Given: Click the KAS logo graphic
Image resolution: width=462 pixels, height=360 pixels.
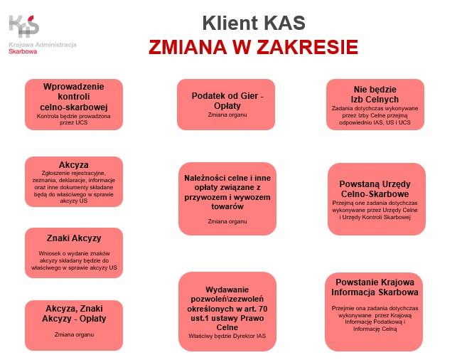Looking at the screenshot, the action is pyautogui.click(x=24, y=26).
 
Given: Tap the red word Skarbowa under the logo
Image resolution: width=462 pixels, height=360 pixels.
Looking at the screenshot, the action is pyautogui.click(x=23, y=52).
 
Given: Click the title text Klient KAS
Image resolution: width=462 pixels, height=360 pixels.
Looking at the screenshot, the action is pyautogui.click(x=254, y=23).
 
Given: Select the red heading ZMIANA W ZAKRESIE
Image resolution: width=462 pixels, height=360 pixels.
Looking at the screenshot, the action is pyautogui.click(x=254, y=47).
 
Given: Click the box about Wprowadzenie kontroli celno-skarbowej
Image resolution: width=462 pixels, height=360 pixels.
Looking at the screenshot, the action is pyautogui.click(x=74, y=105).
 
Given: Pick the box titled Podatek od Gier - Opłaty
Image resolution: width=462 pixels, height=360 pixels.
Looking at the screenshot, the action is pyautogui.click(x=226, y=105).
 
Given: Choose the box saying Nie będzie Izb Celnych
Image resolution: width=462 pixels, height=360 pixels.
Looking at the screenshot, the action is pyautogui.click(x=375, y=105).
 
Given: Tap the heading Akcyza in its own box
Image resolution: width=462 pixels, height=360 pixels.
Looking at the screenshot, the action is pyautogui.click(x=74, y=164).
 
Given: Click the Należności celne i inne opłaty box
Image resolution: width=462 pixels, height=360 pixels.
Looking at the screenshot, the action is pyautogui.click(x=227, y=198).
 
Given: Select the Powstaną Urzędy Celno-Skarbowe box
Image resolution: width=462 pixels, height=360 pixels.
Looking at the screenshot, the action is pyautogui.click(x=377, y=199).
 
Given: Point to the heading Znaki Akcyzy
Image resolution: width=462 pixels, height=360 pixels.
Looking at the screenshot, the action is pyautogui.click(x=74, y=238).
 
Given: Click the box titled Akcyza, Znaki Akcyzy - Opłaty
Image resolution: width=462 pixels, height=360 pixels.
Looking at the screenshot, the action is pyautogui.click(x=74, y=326).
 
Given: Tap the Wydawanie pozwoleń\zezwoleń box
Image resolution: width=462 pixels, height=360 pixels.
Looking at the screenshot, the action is pyautogui.click(x=227, y=312).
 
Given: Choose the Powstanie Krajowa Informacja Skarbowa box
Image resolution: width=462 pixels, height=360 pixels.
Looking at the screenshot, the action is pyautogui.click(x=374, y=312).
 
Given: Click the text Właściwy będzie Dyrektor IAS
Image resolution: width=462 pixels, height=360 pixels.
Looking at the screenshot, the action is pyautogui.click(x=227, y=336).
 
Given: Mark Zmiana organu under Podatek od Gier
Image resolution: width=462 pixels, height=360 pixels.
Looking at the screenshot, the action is pyautogui.click(x=227, y=115).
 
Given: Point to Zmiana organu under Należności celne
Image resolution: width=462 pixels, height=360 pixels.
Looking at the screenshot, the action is pyautogui.click(x=227, y=221).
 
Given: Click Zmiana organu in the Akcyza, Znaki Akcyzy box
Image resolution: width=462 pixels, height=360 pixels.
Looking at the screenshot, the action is pyautogui.click(x=74, y=334).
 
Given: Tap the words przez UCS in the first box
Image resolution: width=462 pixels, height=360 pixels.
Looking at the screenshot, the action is pyautogui.click(x=74, y=122).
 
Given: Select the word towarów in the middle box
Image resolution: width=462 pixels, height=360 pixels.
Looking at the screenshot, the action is pyautogui.click(x=227, y=206).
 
